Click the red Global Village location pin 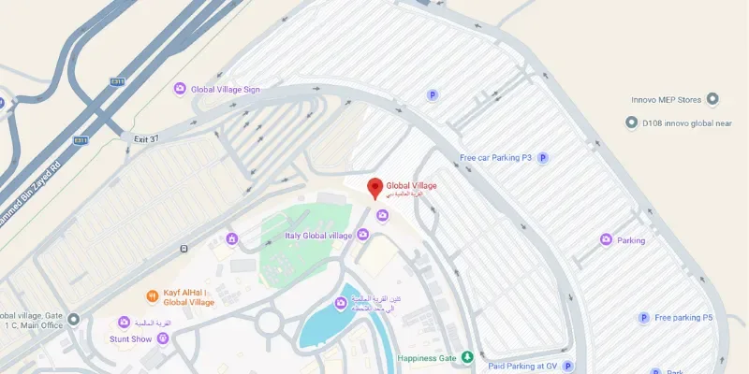pyautogui.click(x=374, y=188)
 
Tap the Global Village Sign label pyautogui.click(x=225, y=89)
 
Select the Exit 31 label pyautogui.click(x=148, y=138)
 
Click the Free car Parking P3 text pyautogui.click(x=495, y=158)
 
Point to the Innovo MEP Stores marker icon pyautogui.click(x=712, y=99)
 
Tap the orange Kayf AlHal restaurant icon pyautogui.click(x=152, y=296)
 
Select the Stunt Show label pyautogui.click(x=130, y=338)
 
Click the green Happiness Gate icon pyautogui.click(x=467, y=358)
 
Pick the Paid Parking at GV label pyautogui.click(x=522, y=366)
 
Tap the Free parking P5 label pyautogui.click(x=683, y=318)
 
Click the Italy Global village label pyautogui.click(x=317, y=235)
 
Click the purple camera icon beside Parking pyautogui.click(x=606, y=240)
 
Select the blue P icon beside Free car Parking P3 pyautogui.click(x=542, y=158)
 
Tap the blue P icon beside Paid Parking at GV pyautogui.click(x=567, y=366)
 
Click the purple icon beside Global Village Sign pyautogui.click(x=180, y=89)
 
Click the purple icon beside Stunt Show pyautogui.click(x=163, y=338)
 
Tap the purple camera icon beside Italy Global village pyautogui.click(x=362, y=235)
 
